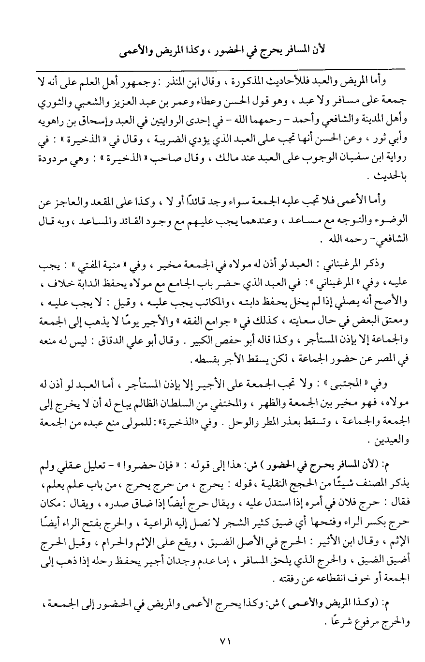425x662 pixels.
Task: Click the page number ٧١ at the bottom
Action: [x=213, y=640]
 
